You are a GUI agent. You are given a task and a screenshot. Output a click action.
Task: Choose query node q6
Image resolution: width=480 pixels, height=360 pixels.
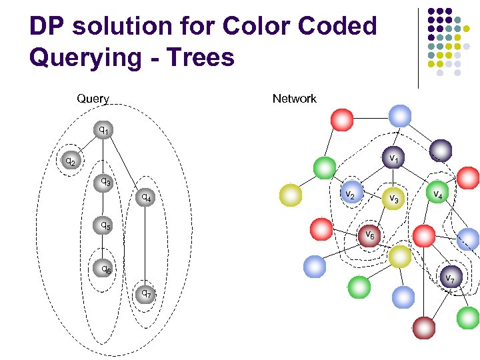[103, 269]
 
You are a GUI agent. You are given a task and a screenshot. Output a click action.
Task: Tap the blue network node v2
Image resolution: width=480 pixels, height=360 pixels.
[351, 193]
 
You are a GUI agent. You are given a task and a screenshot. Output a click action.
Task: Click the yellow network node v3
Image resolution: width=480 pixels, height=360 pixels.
[393, 198]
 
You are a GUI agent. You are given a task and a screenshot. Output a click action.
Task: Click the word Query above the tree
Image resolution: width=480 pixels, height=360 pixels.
[93, 99]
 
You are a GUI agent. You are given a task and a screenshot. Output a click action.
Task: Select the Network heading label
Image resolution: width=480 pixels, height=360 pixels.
[294, 99]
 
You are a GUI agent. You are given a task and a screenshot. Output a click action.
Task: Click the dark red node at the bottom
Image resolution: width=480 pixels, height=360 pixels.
[423, 327]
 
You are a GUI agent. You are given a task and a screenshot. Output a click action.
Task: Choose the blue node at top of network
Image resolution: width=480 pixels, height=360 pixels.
[399, 116]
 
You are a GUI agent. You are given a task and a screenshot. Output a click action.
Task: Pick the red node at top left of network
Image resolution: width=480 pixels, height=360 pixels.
[341, 119]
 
